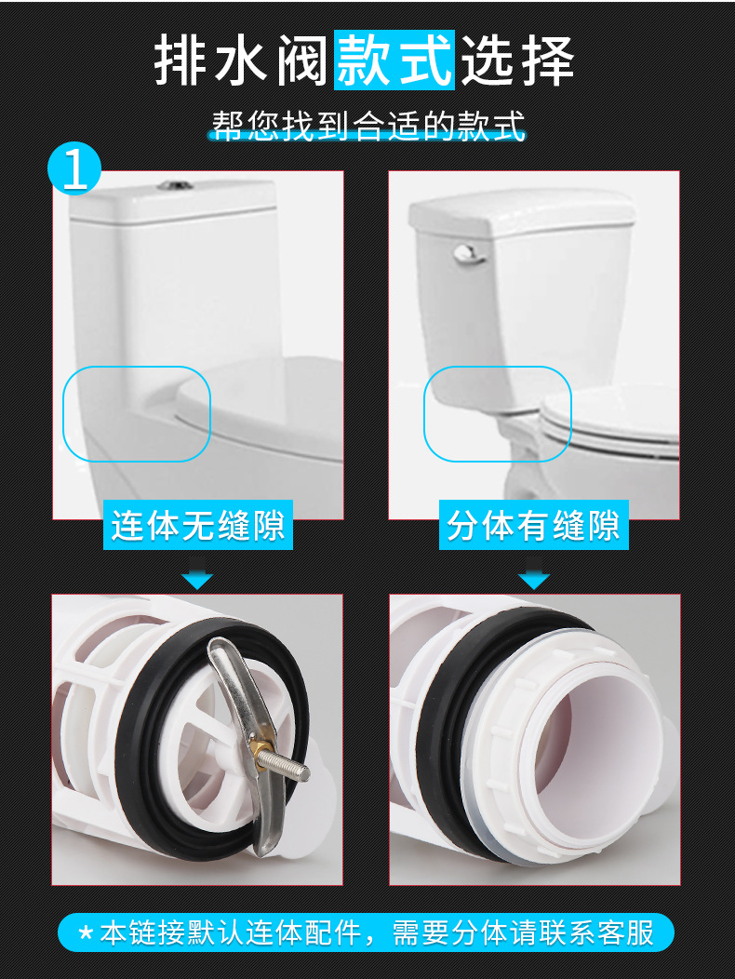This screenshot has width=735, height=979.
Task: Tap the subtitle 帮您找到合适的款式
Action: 368,126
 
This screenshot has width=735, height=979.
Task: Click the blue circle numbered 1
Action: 75,168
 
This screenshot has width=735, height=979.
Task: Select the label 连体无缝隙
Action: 199,526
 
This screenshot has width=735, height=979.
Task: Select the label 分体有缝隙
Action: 533,526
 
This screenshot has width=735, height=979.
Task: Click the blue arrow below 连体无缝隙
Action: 197,581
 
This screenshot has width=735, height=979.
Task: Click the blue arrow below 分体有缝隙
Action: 533,581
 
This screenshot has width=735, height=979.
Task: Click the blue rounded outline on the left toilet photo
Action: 137,413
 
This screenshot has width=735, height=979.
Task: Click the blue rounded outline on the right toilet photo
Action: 497,413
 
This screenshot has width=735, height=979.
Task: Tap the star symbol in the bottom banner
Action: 86,932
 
